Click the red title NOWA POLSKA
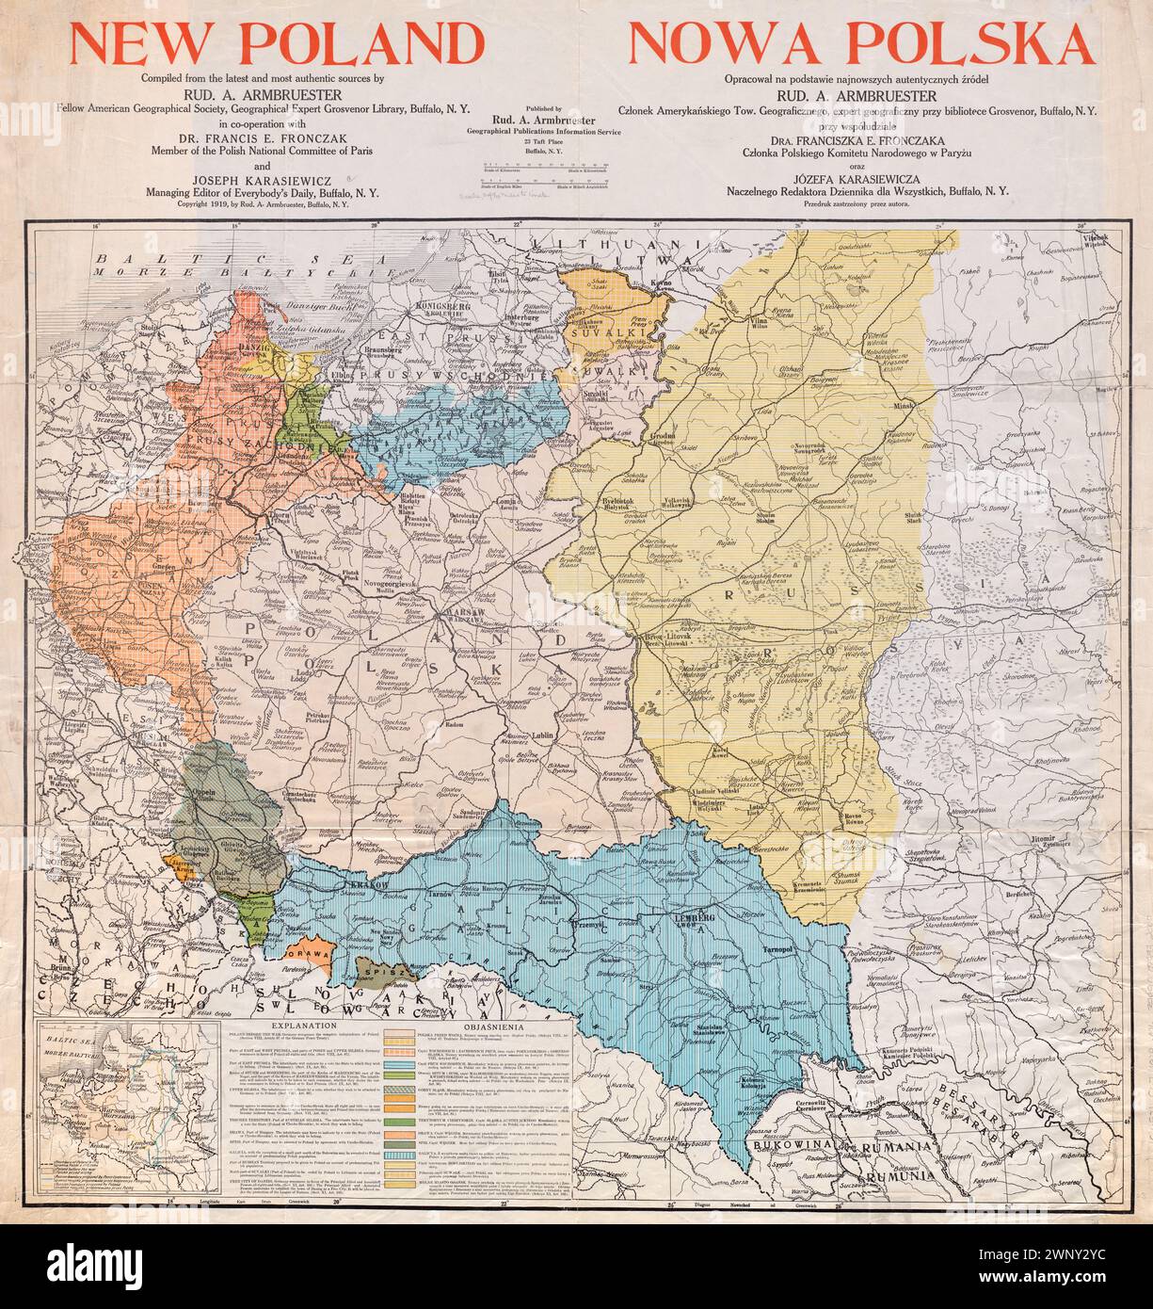pyautogui.click(x=860, y=43)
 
